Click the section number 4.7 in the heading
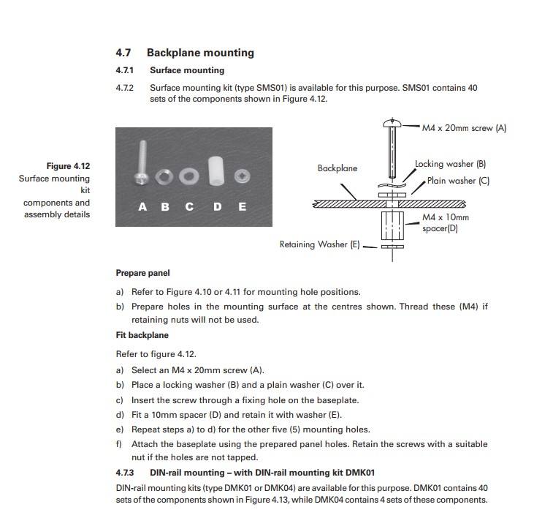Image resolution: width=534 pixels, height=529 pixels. tap(123, 53)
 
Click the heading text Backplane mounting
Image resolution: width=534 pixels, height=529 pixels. tap(200, 53)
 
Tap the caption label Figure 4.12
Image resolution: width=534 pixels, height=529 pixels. tap(69, 166)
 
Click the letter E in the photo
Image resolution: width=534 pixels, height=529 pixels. tap(243, 206)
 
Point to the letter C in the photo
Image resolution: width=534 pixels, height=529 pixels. tap(190, 206)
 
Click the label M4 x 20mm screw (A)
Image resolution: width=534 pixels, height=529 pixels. tap(464, 128)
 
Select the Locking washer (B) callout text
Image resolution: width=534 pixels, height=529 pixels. tap(450, 165)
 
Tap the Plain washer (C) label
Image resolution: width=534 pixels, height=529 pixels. tap(458, 181)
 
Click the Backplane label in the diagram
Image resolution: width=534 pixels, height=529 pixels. tap(337, 168)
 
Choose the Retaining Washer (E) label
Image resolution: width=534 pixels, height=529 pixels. tap(319, 245)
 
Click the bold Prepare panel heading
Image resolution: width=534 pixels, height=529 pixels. tap(142, 273)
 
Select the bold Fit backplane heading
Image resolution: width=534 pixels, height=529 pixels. tap(142, 335)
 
